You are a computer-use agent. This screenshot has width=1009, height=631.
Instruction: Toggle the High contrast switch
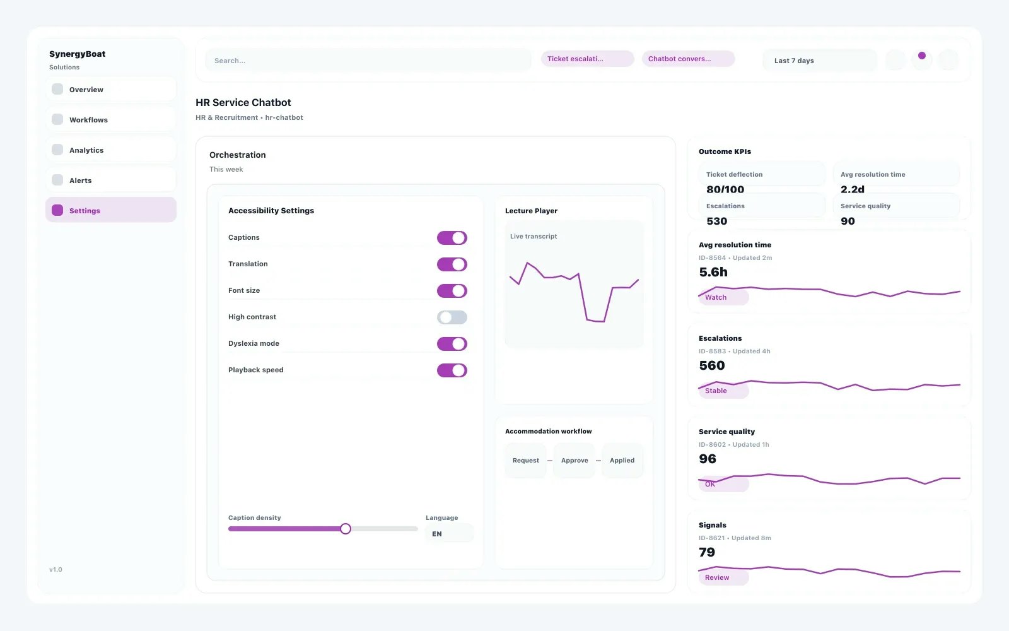[x=452, y=317]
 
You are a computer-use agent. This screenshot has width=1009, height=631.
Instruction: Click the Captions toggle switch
[x=452, y=238]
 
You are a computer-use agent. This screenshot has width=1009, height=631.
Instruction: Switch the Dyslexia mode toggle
[x=452, y=344]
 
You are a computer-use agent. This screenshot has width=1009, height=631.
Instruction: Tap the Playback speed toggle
[x=452, y=370]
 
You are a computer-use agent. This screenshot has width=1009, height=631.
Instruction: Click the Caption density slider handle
[x=346, y=529]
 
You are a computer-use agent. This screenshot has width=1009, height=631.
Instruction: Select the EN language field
[x=448, y=534]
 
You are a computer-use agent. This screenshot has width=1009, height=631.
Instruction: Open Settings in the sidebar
[x=111, y=210]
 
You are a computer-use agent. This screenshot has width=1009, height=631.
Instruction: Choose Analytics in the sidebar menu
[x=111, y=150]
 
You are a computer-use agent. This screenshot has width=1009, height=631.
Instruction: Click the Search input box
[x=368, y=61]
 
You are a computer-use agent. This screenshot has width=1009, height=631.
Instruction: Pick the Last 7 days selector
[x=819, y=61]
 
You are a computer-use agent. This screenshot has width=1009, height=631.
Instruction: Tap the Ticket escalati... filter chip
[x=587, y=59]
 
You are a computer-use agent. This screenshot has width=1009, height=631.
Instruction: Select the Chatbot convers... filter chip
[x=687, y=59]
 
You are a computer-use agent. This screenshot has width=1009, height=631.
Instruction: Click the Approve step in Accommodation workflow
[x=574, y=461]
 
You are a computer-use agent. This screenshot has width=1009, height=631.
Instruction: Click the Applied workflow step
[x=622, y=461]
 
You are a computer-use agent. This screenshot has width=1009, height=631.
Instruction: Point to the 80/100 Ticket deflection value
[x=725, y=189]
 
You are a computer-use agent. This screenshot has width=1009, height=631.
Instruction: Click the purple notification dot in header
[x=922, y=56]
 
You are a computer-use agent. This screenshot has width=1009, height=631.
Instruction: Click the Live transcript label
[x=534, y=237]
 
